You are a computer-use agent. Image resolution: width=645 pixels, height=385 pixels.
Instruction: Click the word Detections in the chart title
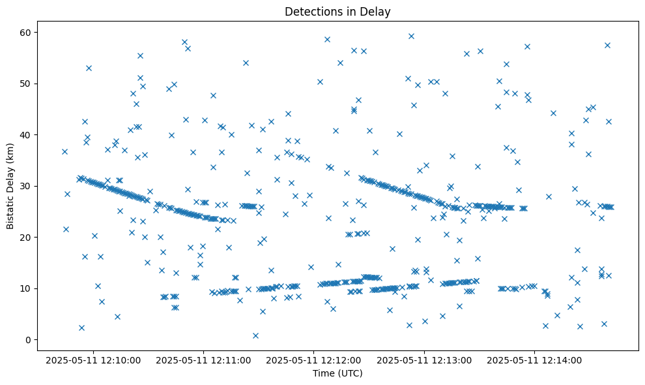311,12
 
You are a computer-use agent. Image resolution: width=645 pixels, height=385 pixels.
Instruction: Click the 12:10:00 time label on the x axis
93,360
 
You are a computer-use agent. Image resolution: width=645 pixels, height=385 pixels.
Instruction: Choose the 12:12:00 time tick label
314,360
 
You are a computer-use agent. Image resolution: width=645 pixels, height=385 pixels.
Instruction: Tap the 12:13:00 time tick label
425,360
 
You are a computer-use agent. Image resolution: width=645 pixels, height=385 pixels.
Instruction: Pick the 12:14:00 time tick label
535,360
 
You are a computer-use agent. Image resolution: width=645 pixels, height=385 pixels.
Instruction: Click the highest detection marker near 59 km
411,36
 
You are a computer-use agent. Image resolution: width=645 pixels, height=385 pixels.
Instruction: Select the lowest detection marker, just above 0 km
255,335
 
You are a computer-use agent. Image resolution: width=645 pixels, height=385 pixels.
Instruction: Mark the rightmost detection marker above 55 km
607,45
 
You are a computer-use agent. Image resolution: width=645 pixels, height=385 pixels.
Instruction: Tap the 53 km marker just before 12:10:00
89,68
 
